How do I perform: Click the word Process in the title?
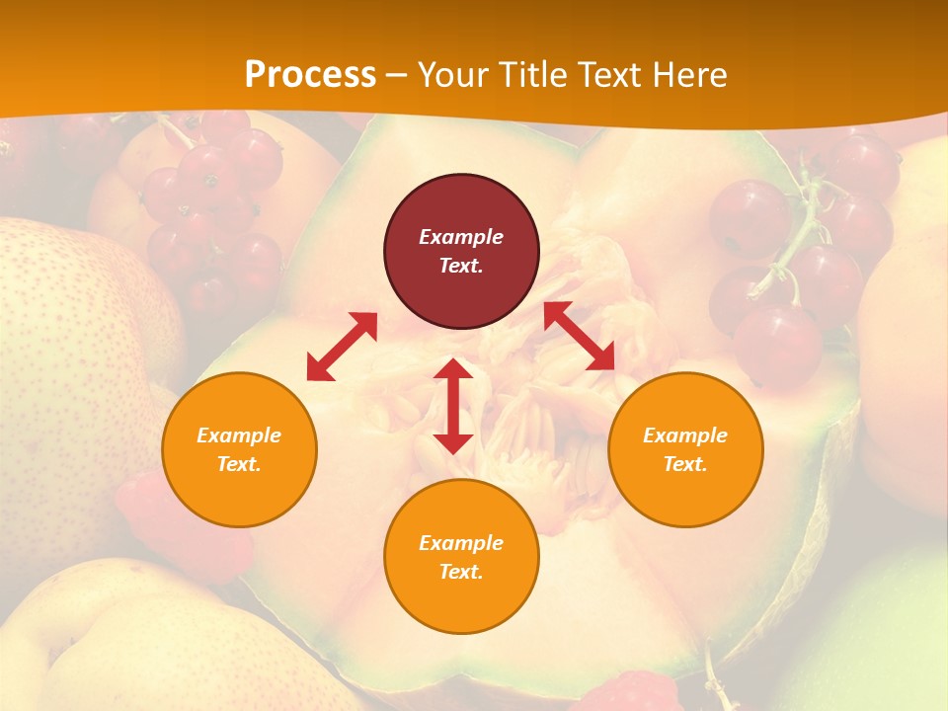tap(310, 75)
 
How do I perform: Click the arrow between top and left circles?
tap(342, 347)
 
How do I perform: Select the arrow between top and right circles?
tap(579, 336)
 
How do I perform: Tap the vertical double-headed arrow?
tap(453, 406)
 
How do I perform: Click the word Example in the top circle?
tap(461, 237)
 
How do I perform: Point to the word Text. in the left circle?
tap(239, 464)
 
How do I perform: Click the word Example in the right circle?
tap(685, 435)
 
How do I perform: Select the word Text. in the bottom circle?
tap(461, 572)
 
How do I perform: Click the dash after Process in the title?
tap(396, 75)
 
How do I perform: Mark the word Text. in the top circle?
tap(461, 266)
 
